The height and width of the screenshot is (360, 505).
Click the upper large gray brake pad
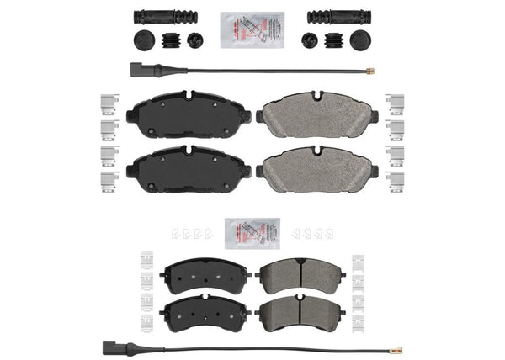pos(316,117)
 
